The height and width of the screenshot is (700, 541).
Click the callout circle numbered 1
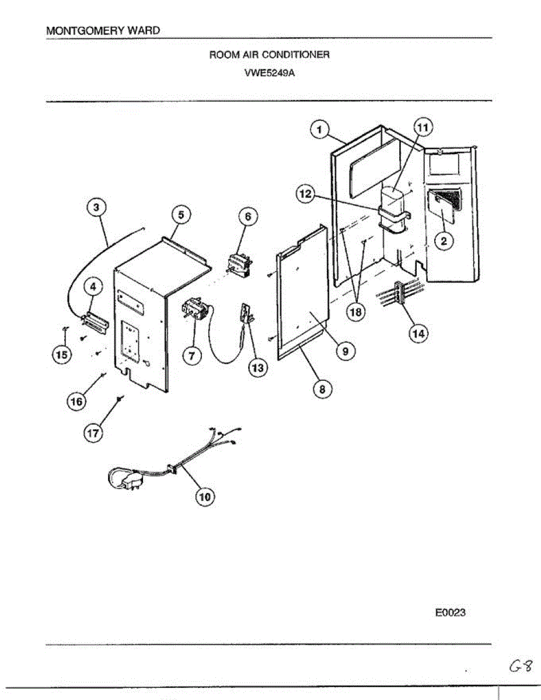tap(320, 129)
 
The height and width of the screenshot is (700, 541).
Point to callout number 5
tap(180, 215)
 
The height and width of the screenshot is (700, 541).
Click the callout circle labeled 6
tap(247, 216)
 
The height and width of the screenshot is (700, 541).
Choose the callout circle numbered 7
tap(191, 353)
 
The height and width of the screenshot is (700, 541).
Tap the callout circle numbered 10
tap(204, 496)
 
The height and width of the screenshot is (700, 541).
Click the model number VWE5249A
tap(269, 73)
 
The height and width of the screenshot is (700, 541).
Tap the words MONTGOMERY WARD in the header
tap(103, 30)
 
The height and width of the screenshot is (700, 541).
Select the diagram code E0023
tap(450, 613)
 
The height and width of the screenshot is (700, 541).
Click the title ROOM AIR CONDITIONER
tap(269, 55)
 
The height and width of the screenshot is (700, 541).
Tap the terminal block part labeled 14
tap(399, 290)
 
